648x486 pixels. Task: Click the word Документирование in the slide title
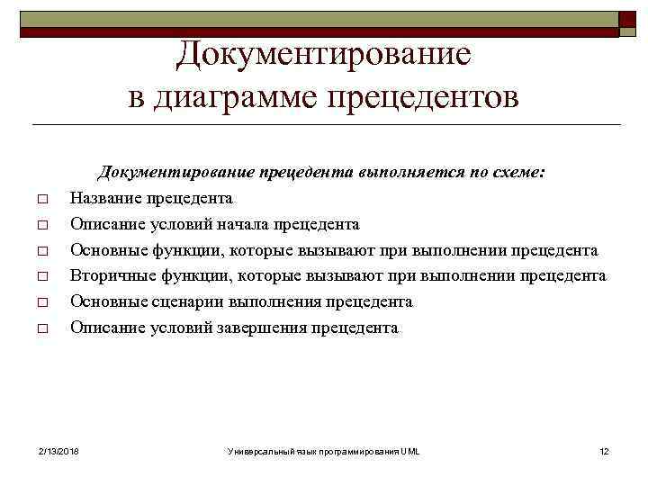(x=323, y=54)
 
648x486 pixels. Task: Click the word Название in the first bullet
(x=105, y=198)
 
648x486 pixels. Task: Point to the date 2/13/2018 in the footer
(x=58, y=450)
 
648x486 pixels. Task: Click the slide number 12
(x=604, y=450)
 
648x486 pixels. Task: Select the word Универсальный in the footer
(x=258, y=450)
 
